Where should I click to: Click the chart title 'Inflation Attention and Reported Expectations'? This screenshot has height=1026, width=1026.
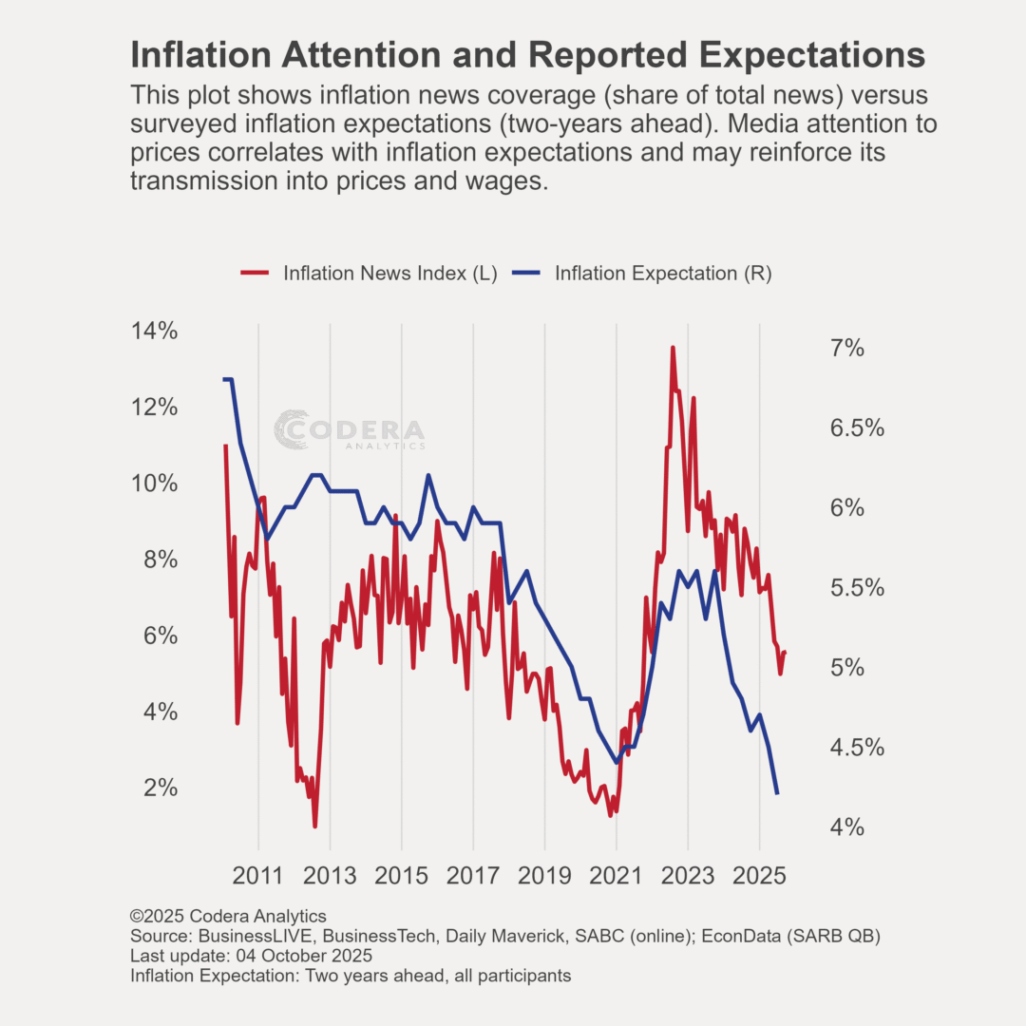527,55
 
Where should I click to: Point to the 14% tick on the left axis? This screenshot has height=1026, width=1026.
154,332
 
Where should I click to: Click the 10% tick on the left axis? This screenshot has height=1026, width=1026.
154,484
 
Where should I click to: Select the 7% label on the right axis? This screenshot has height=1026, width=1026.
847,349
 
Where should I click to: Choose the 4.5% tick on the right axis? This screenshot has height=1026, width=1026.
857,748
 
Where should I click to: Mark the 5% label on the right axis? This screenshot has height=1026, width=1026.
847,668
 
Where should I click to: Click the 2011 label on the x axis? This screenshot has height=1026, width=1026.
258,875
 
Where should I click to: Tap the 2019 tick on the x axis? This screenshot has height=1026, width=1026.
545,875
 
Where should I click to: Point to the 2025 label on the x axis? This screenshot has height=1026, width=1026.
760,875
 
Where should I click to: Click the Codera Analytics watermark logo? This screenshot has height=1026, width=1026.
350,430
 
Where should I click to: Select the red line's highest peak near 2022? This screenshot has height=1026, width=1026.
673,348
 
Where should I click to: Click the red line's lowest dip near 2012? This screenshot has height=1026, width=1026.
314,826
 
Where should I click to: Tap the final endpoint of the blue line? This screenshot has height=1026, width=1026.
777,793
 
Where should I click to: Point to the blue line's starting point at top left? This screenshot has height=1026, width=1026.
224,380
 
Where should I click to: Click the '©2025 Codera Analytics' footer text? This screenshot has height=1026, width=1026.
228,917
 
